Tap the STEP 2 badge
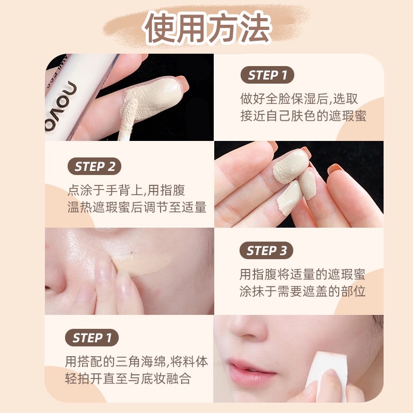point(94,166)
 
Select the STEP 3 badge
point(266,250)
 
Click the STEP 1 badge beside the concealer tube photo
point(267,75)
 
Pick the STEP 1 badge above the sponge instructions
point(92,338)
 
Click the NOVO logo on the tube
point(61,106)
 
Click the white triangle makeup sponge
point(326,370)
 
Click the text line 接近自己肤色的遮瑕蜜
point(303,116)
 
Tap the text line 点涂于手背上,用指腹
point(126,190)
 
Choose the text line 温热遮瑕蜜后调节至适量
point(137,207)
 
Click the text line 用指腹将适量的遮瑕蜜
point(303,275)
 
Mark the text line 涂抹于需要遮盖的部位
point(303,291)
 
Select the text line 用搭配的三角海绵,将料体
point(136,362)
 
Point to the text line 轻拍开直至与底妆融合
point(128,379)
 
